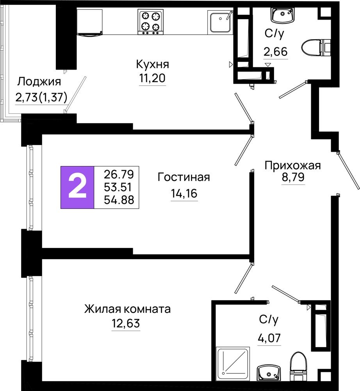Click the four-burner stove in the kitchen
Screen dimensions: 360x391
[x=151, y=22]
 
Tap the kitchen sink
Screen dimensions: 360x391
[x=220, y=22]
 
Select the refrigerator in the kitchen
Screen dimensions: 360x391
[x=90, y=22]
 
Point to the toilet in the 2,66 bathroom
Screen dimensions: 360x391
[x=316, y=48]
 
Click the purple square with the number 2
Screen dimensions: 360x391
[x=77, y=187]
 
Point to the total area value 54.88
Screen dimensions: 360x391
[x=119, y=200]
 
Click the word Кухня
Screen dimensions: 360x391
[x=153, y=65]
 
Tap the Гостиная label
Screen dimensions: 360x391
[x=184, y=177]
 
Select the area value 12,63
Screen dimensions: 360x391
[x=126, y=323]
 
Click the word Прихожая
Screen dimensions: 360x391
[x=293, y=165]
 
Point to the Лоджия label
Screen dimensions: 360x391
[x=39, y=82]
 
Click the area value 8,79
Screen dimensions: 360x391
[x=293, y=177]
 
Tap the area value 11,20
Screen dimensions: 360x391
[x=152, y=78]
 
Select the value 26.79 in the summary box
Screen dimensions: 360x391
[x=119, y=174]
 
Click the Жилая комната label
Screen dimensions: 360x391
[x=127, y=309]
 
